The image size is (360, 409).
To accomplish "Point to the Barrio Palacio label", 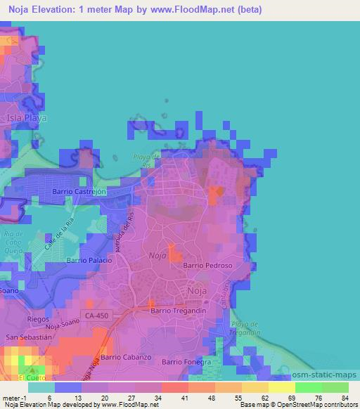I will coord(89,260).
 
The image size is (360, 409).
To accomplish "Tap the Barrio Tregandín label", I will coord(179,309).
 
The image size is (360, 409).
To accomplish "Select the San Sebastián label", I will coord(29,337).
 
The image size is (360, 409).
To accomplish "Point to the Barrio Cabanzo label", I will coord(126,357).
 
